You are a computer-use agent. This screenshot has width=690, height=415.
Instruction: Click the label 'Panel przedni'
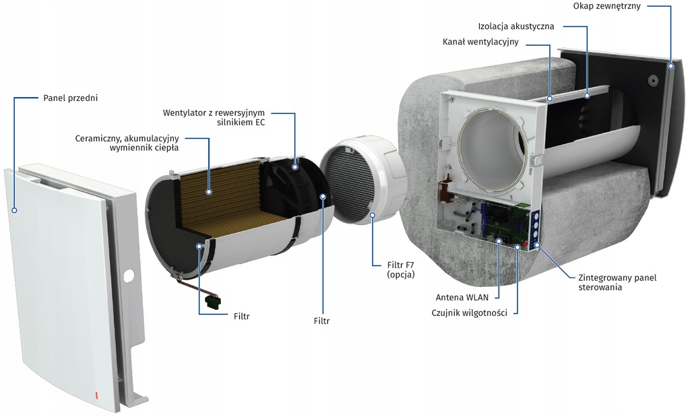click(x=70, y=98)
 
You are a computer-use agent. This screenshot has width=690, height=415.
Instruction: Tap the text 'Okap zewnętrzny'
click(x=607, y=6)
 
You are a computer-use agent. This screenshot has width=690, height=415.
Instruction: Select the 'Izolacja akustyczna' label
click(x=516, y=26)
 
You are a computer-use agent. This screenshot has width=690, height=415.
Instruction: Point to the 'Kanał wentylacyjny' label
click(x=480, y=42)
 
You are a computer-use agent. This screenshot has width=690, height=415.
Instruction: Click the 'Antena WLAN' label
click(x=462, y=298)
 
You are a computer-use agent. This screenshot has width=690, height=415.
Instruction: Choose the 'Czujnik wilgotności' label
click(x=470, y=313)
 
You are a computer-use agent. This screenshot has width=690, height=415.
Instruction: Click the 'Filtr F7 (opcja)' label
click(x=401, y=269)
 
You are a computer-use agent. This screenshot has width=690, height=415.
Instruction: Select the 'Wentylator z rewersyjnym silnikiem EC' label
click(x=214, y=117)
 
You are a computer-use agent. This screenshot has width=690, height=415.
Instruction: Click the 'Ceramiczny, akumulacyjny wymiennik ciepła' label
click(x=127, y=143)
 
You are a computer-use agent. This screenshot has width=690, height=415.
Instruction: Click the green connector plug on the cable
click(x=213, y=301)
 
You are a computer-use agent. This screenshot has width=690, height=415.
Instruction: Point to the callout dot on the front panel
click(x=15, y=210)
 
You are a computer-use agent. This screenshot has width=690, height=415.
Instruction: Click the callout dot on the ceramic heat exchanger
click(x=209, y=191)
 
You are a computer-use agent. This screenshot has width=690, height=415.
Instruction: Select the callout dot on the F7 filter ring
click(x=372, y=214)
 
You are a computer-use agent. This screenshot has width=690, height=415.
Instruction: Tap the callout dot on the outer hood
click(x=670, y=66)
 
